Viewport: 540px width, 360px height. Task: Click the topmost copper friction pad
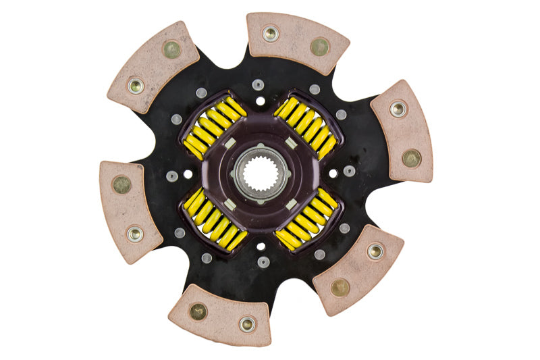click(297, 42)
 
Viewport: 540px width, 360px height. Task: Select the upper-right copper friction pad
click(402, 130)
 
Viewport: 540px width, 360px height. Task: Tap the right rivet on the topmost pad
click(319, 46)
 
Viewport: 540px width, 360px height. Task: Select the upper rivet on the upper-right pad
click(398, 108)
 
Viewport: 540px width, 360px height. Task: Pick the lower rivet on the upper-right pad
click(411, 158)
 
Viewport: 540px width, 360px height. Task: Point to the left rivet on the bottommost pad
click(198, 311)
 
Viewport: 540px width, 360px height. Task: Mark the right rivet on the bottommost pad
click(247, 325)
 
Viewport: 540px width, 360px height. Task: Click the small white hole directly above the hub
click(260, 101)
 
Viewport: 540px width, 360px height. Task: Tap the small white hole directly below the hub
click(260, 247)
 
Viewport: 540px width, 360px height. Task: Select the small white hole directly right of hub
click(333, 174)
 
